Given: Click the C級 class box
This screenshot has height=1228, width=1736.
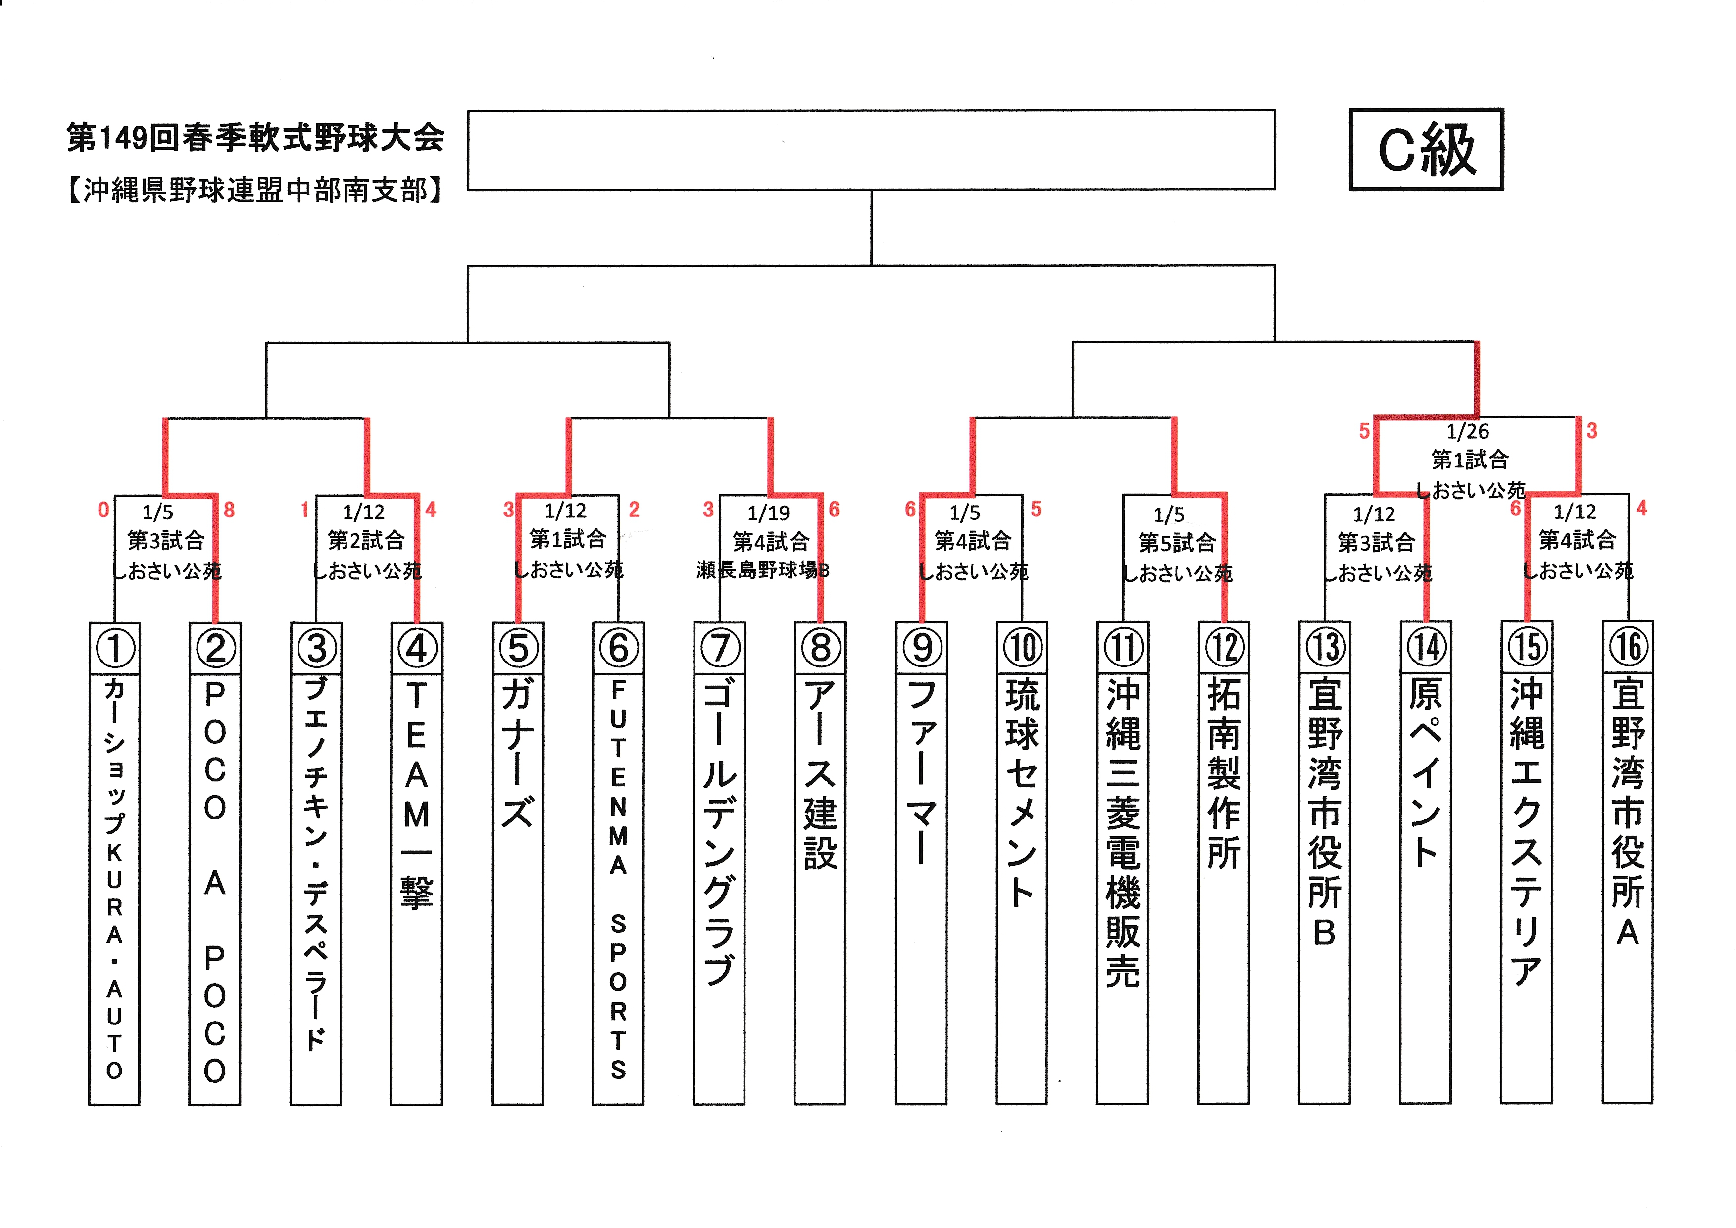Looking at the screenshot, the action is (x=1426, y=149).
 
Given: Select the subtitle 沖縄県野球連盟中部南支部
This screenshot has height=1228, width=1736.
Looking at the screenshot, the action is (x=255, y=190).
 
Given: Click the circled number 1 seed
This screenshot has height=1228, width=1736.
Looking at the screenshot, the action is (x=115, y=648).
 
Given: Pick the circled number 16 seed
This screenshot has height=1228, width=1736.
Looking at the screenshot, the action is (x=1628, y=647).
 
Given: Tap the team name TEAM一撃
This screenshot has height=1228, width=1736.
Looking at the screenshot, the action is (x=417, y=794).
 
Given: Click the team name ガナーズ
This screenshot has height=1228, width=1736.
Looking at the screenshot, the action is (x=518, y=752).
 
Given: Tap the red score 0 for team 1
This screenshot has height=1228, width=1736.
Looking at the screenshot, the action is (x=103, y=510).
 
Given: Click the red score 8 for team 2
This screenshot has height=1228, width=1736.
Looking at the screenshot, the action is (x=229, y=510).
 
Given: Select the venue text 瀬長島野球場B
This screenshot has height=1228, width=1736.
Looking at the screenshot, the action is (x=763, y=569).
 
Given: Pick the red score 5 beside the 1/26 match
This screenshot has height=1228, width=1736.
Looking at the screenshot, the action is (x=1364, y=431).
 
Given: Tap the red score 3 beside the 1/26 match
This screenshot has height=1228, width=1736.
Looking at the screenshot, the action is (x=1591, y=430).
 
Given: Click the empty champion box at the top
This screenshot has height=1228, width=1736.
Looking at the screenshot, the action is (x=871, y=150).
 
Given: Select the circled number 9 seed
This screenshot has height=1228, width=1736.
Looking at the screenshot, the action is (x=922, y=648).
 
